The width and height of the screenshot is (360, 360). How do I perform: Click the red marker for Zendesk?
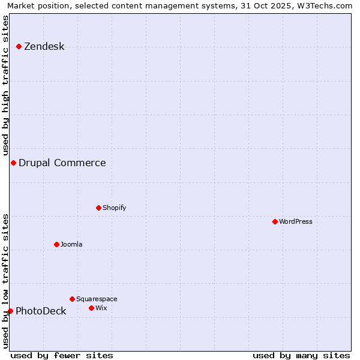tap(19, 46)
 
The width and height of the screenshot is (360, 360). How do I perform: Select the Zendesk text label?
tap(44, 47)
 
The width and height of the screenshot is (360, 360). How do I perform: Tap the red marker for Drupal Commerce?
tap(13, 163)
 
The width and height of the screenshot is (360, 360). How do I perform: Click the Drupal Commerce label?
tap(62, 163)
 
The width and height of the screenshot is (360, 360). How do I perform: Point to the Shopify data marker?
tap(99, 208)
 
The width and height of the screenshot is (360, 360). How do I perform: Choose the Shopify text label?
tap(114, 208)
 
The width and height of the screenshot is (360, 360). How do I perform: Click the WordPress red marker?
tap(275, 221)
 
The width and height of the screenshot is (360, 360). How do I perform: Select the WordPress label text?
tap(295, 221)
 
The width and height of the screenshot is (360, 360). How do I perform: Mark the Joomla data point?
tap(57, 244)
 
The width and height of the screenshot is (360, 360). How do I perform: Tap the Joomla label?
tap(71, 244)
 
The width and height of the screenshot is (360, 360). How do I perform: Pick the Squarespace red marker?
tap(73, 299)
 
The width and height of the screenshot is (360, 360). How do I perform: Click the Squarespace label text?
tap(97, 299)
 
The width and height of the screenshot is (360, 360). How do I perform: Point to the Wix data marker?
tap(92, 308)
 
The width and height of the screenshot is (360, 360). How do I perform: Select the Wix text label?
tap(101, 308)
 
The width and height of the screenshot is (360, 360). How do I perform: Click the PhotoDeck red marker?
tap(10, 311)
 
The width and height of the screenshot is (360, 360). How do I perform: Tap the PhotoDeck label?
tap(41, 311)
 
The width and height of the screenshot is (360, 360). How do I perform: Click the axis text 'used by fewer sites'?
tap(62, 355)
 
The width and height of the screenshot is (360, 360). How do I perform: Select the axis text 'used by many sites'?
tap(301, 355)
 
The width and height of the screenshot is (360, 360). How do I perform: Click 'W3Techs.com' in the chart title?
tap(328, 5)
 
